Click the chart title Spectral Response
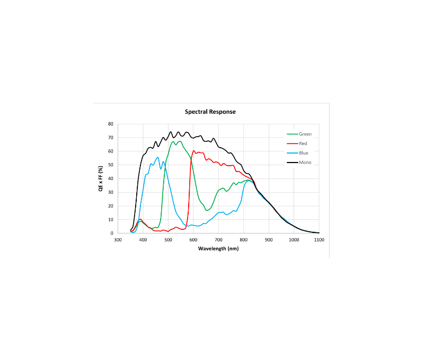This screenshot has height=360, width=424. pos(210,112)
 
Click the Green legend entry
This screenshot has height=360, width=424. pos(305,134)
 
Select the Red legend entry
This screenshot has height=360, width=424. pos(303,143)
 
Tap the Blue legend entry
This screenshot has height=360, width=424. pos(303,153)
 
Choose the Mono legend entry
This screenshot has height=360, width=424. pos(304,163)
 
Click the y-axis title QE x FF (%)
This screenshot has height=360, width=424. pos(101,178)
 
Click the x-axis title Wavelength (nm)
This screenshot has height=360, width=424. pos(218,248)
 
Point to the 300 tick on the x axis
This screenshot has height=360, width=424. pos(118,240)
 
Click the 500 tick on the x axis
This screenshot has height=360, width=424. pos(168,240)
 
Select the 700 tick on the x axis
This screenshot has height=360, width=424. pos(218,240)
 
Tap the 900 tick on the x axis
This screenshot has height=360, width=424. pos(269,240)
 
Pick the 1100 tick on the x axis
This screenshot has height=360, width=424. pos(319,240)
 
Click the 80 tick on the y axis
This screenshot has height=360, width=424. pos(111,124)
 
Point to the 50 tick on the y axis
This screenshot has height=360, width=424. pos(111,165)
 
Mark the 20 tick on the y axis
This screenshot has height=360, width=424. pos(111,206)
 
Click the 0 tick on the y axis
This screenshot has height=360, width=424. pos(112,233)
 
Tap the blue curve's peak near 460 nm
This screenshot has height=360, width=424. pos(157,157)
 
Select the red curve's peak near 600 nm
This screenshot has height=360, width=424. pos(193,151)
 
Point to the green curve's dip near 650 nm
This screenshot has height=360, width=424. pos(207,210)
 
